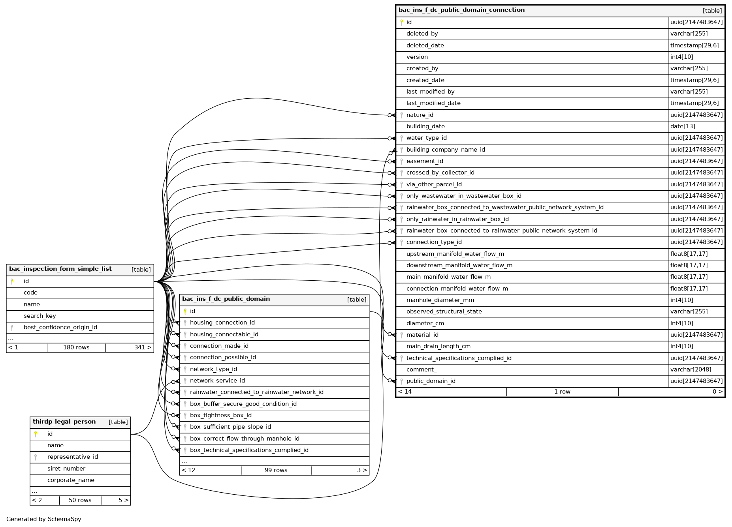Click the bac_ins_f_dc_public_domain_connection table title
[x=461, y=10]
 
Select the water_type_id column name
[x=426, y=138]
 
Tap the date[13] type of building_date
[x=682, y=126]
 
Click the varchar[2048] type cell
[x=691, y=370]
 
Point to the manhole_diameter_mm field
[x=440, y=300]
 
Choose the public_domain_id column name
[x=431, y=381]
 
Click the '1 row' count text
[x=562, y=392]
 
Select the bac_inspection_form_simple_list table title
[x=60, y=269]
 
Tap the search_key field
[x=40, y=316]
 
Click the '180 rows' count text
[x=76, y=348]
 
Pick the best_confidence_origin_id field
[x=60, y=328]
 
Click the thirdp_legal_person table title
[x=64, y=422]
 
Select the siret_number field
[x=66, y=469]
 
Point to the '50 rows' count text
[x=80, y=501]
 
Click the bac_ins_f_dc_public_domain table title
[x=226, y=299]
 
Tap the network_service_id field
[x=217, y=381]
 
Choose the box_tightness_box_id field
[x=220, y=416]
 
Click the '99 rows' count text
[x=276, y=471]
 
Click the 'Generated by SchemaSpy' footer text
[x=43, y=519]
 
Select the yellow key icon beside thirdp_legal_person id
[x=36, y=434]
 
